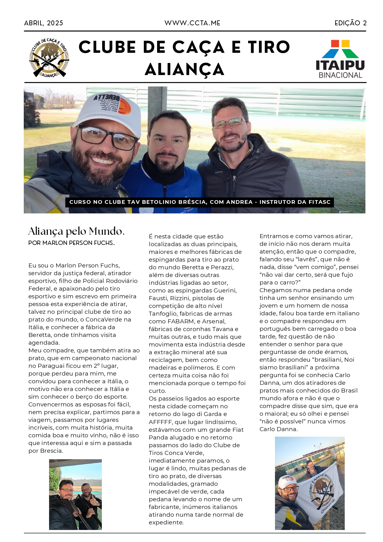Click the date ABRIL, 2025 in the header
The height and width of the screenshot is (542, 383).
pyautogui.click(x=44, y=23)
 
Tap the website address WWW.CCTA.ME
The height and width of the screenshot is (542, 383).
pyautogui.click(x=192, y=23)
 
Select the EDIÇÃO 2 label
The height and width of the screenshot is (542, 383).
pyautogui.click(x=351, y=23)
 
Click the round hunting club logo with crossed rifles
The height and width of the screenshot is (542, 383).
pyautogui.click(x=49, y=58)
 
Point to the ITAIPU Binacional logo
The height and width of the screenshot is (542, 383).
pyautogui.click(x=340, y=59)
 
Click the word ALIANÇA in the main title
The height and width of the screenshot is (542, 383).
pyautogui.click(x=185, y=70)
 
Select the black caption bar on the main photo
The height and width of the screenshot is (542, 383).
pyautogui.click(x=199, y=202)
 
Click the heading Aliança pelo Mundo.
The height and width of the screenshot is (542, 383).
pyautogui.click(x=76, y=231)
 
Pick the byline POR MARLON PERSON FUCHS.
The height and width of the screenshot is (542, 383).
pyautogui.click(x=71, y=243)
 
